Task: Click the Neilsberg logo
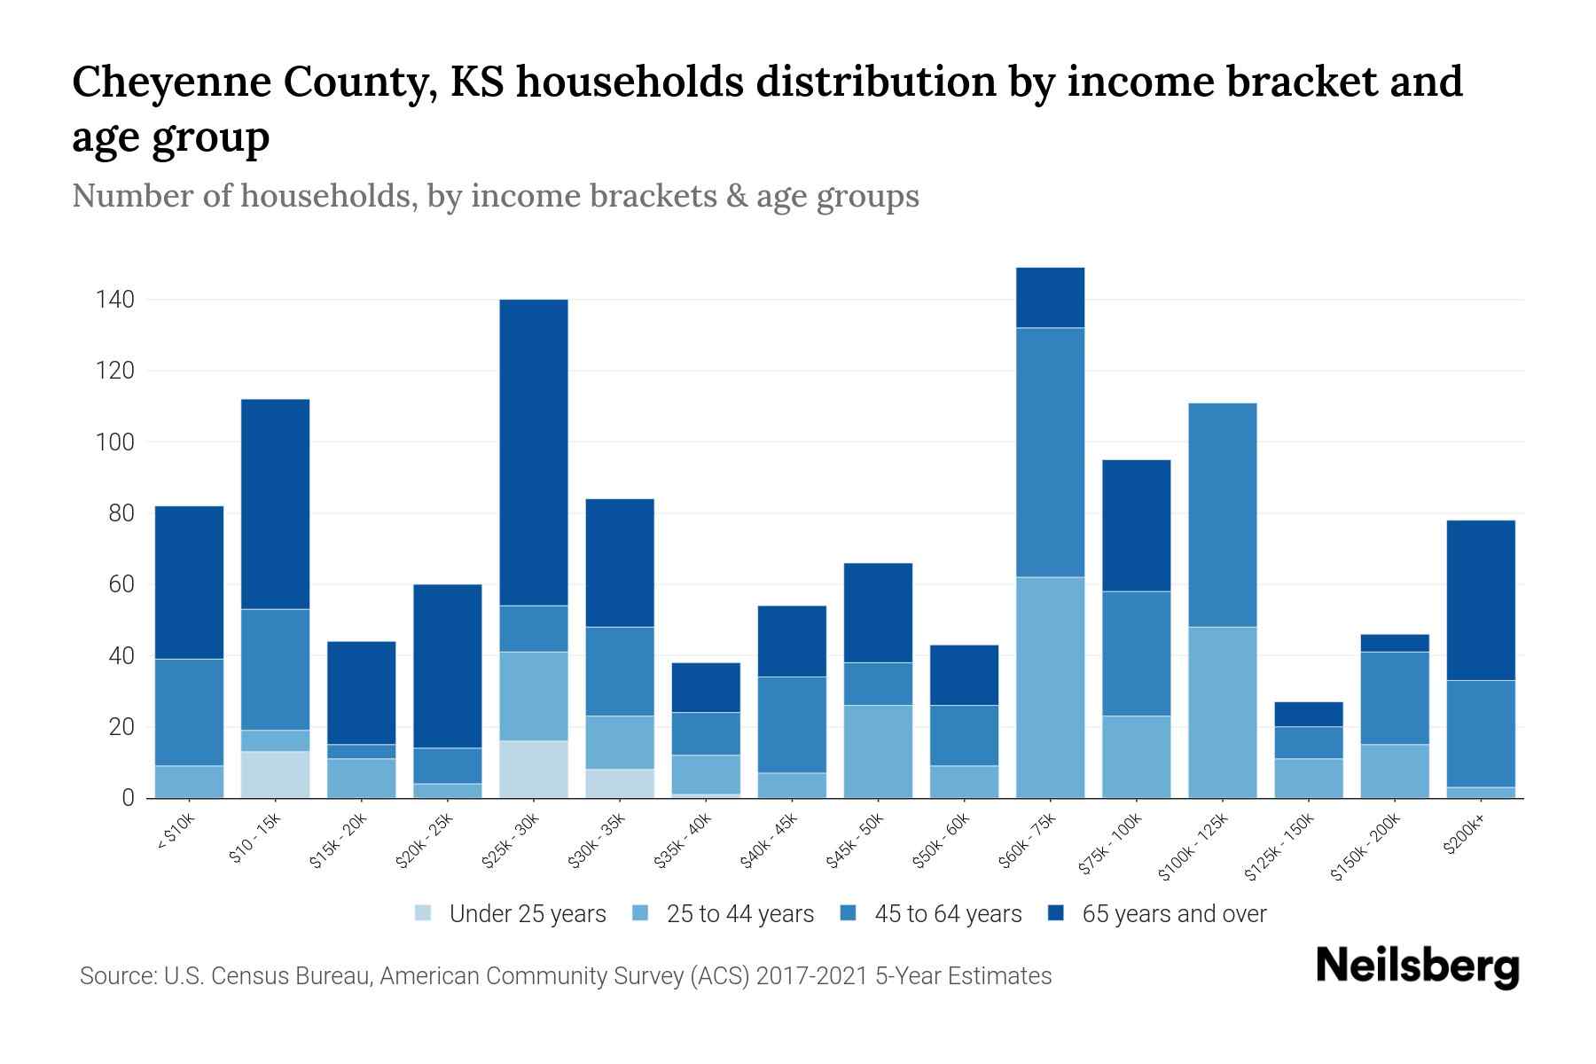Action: (x=1417, y=966)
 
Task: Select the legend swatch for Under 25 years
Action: (x=424, y=913)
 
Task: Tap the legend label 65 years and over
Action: (x=1174, y=913)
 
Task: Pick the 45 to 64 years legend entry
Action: (x=948, y=913)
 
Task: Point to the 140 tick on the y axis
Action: (x=115, y=300)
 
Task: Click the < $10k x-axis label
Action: (x=176, y=835)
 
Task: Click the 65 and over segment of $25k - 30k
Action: (x=533, y=452)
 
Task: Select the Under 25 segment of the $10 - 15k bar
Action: (x=275, y=774)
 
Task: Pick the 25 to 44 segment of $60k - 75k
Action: (x=1050, y=687)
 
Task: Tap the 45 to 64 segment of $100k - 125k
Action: (x=1222, y=514)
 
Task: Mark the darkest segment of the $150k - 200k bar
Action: (x=1395, y=643)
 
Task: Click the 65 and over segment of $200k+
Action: (x=1480, y=599)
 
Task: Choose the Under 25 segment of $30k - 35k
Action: (x=620, y=783)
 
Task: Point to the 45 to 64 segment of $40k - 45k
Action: (x=792, y=724)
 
